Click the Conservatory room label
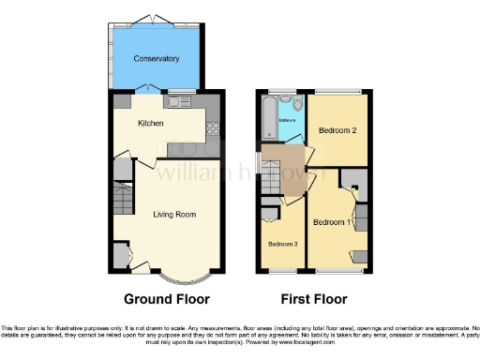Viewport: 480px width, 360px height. click(156, 59)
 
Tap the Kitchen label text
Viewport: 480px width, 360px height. click(151, 123)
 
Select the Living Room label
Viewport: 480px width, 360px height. click(174, 215)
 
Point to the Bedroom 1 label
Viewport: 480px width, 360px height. click(333, 222)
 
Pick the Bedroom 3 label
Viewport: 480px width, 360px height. click(283, 244)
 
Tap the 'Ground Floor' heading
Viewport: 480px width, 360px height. click(165, 300)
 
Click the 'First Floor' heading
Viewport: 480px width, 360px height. click(312, 300)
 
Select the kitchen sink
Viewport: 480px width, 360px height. click(177, 101)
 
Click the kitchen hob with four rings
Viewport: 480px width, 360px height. click(215, 130)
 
